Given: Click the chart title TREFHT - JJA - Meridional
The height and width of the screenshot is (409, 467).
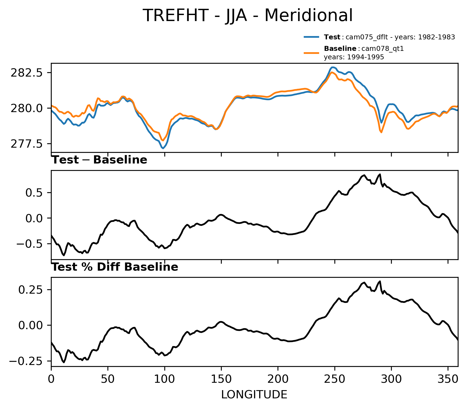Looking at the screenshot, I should tap(248, 15).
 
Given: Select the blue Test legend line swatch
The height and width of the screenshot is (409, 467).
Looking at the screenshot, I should tap(311, 37).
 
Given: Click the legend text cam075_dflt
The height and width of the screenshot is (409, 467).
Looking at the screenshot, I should tap(363, 37).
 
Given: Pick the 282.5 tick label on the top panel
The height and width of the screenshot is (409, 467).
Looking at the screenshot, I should tap(27, 73).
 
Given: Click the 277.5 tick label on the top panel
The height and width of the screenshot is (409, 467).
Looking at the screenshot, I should tap(27, 144).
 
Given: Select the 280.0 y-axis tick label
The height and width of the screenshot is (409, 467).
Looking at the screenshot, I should tap(27, 109).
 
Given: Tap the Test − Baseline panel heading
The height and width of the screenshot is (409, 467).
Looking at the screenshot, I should tap(100, 160).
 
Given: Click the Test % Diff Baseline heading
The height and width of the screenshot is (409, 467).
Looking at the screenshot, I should tap(115, 267).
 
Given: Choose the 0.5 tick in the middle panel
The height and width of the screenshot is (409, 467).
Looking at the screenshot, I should tap(34, 193).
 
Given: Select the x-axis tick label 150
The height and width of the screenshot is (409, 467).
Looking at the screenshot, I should tap(221, 379).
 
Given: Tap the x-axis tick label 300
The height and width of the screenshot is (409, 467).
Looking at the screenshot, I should tap(391, 379).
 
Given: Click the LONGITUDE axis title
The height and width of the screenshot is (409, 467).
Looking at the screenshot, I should tap(254, 395).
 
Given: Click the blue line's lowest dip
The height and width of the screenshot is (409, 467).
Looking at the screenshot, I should tap(163, 148).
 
